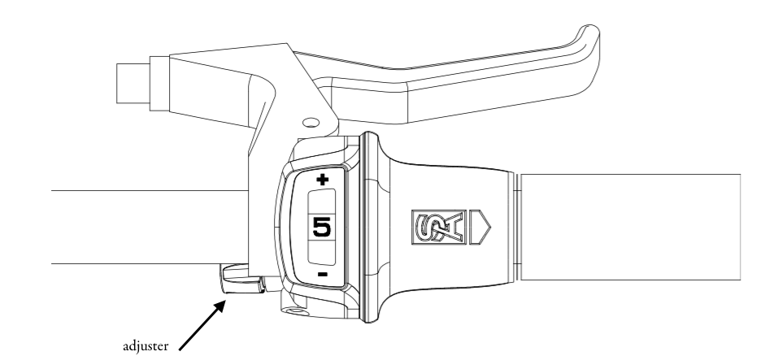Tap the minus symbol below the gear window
322,275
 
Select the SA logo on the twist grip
437,228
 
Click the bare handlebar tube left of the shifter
146,227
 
